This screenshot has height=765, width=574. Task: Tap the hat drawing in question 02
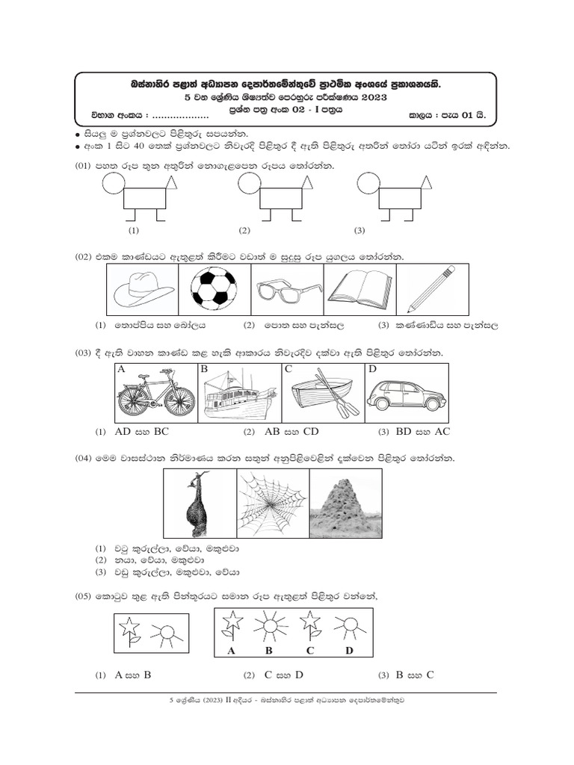click(143, 289)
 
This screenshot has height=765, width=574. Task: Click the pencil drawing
click(431, 289)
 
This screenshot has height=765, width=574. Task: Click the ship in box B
click(240, 394)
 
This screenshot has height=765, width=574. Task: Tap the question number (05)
click(83, 596)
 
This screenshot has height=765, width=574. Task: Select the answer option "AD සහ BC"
click(141, 431)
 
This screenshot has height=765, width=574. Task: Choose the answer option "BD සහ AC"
click(423, 431)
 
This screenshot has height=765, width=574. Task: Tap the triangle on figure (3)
click(425, 182)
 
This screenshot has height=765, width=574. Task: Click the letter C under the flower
click(310, 651)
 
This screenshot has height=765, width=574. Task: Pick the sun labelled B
click(269, 625)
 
